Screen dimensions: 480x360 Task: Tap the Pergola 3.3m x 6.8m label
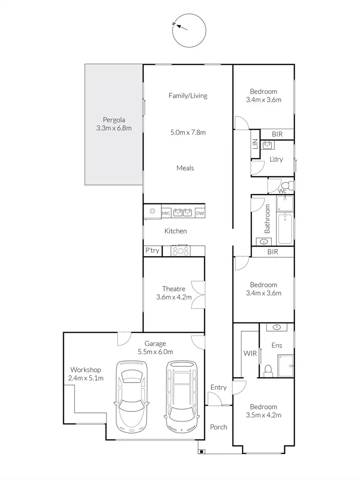click(114, 124)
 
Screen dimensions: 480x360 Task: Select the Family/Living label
click(188, 96)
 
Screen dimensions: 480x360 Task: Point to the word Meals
click(185, 168)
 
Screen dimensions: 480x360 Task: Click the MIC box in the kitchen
click(166, 213)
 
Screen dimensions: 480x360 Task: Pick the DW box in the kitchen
click(200, 213)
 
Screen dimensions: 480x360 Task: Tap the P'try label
click(152, 251)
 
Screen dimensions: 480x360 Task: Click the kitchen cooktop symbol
click(181, 251)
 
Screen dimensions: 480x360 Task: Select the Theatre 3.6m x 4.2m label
click(173, 293)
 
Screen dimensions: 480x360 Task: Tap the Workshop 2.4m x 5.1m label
click(85, 374)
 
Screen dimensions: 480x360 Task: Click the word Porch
click(218, 427)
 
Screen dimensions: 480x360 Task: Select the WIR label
click(250, 354)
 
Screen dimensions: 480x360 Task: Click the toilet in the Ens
click(269, 369)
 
